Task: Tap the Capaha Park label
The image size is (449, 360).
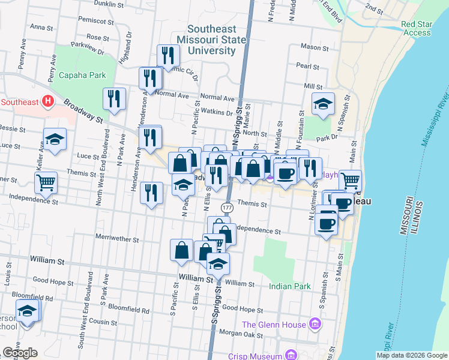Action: pyautogui.click(x=82, y=76)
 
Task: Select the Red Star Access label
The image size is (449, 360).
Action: pyautogui.click(x=417, y=29)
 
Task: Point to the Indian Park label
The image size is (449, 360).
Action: pyautogui.click(x=290, y=286)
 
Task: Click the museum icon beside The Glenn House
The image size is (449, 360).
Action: pyautogui.click(x=315, y=325)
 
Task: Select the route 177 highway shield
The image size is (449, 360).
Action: pyautogui.click(x=227, y=207)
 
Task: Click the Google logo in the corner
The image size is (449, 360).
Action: pyautogui.click(x=20, y=353)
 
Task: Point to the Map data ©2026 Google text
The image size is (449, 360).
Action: pyautogui.click(x=411, y=355)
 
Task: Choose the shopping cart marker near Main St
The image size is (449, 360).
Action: pyautogui.click(x=350, y=179)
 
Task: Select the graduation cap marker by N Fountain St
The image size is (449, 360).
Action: pyautogui.click(x=323, y=103)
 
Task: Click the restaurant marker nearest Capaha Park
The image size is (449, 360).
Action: pyautogui.click(x=114, y=98)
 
